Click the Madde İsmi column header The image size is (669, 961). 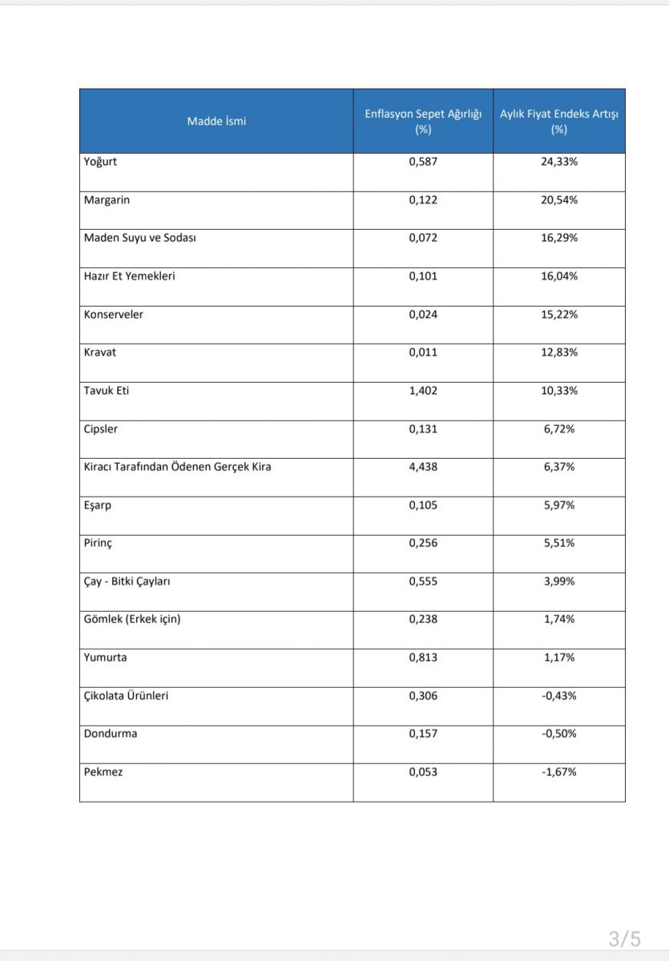click(x=216, y=122)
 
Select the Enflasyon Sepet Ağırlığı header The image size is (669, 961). click(x=423, y=122)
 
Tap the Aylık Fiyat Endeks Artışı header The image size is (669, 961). click(x=558, y=122)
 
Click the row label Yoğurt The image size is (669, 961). click(x=101, y=162)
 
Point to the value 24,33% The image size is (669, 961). click(x=558, y=162)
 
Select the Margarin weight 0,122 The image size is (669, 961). click(x=423, y=200)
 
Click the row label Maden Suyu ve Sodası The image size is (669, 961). click(x=139, y=238)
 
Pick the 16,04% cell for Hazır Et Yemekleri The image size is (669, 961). click(x=558, y=276)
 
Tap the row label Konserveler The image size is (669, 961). click(x=113, y=315)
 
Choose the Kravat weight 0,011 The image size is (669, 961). click(x=423, y=352)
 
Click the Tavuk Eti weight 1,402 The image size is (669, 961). click(x=423, y=391)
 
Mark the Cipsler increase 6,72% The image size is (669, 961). click(x=558, y=429)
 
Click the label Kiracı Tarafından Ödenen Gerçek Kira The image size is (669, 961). click(x=177, y=467)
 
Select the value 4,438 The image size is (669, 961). click(x=423, y=467)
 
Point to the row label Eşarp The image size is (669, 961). click(x=99, y=505)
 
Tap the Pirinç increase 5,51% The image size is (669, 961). click(x=558, y=543)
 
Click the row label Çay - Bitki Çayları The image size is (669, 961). click(x=127, y=581)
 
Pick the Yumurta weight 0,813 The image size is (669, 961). click(x=423, y=657)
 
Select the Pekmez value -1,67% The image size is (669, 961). click(x=558, y=772)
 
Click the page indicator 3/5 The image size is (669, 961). click(x=624, y=938)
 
